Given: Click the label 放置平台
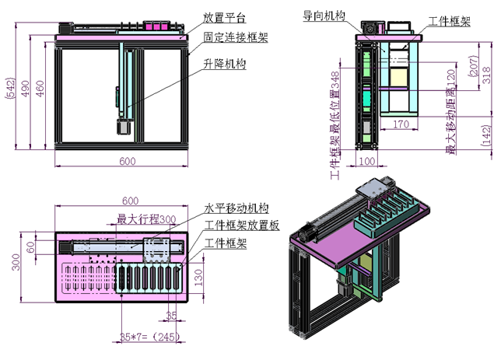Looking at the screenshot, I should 225,16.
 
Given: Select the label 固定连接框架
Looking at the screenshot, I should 236,37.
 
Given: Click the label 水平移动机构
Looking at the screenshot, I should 236,208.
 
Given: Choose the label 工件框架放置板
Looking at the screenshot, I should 241,225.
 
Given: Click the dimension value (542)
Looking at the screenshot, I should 10,91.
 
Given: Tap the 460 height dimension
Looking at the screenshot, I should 41,91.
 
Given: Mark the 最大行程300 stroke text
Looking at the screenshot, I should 146,219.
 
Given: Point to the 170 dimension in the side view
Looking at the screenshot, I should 401,122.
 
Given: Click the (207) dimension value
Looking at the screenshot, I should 473,69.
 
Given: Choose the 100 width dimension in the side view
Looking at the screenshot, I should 366,161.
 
